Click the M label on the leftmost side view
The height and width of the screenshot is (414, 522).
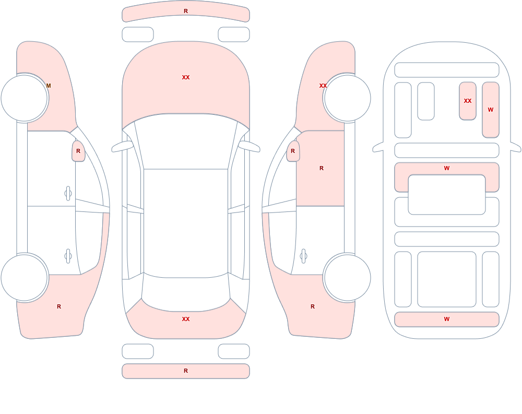tap(49, 86)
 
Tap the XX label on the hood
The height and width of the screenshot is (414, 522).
tap(186, 77)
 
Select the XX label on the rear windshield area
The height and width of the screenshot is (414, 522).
tap(186, 319)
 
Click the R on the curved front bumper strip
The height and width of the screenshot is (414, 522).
tap(186, 11)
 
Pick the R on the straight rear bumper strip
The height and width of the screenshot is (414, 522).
tap(186, 371)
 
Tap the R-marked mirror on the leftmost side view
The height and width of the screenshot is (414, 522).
tap(78, 151)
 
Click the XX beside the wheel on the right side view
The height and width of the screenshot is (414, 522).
tap(323, 86)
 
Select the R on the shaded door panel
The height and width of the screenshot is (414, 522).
tap(321, 168)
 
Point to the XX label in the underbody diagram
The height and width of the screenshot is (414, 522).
tap(467, 101)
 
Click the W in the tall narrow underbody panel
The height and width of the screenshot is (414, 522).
tap(490, 110)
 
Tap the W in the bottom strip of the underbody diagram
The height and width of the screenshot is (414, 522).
tap(447, 319)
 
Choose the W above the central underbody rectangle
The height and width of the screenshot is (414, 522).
tap(447, 168)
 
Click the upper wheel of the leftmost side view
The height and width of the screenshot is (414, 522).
tap(25, 98)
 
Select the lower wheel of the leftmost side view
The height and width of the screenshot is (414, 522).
tap(25, 278)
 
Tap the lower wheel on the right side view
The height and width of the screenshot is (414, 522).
tap(347, 278)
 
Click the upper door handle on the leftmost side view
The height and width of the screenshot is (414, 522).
tap(68, 194)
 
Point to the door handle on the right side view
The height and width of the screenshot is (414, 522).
tap(303, 256)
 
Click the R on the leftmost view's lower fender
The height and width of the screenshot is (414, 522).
tap(59, 306)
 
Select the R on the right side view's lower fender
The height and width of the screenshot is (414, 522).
tap(313, 306)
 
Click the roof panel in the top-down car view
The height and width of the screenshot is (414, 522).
tap(186, 223)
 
